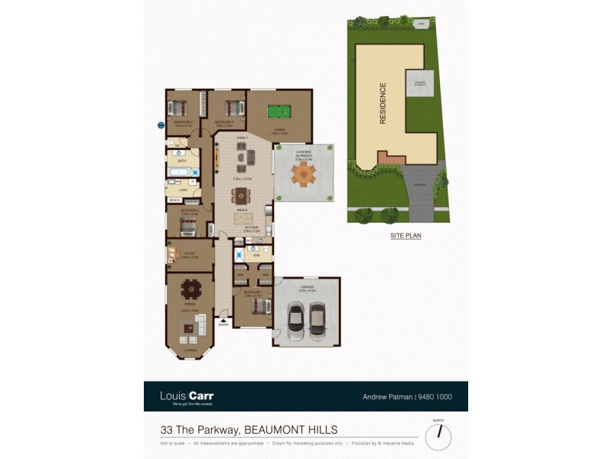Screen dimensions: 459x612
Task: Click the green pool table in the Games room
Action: click(x=281, y=113)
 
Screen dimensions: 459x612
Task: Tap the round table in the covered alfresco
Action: click(x=304, y=174)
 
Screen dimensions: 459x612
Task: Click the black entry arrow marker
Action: click(x=223, y=321)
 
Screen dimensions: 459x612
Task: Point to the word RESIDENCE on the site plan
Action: click(x=383, y=103)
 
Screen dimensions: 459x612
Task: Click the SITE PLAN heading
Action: click(x=405, y=236)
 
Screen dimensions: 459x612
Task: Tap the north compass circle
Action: click(x=438, y=437)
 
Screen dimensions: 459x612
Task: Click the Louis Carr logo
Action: click(x=187, y=396)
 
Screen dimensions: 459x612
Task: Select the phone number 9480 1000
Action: click(x=435, y=397)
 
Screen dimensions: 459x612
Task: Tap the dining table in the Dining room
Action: click(x=190, y=290)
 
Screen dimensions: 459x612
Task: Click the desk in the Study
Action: click(x=171, y=254)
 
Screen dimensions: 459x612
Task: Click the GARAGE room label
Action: click(x=307, y=287)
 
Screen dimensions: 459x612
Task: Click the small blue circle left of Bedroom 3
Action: click(x=161, y=124)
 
